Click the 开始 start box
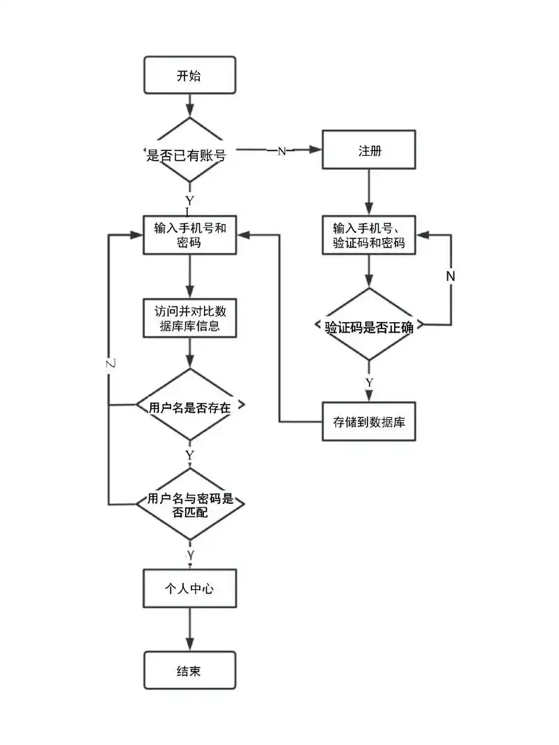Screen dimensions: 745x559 189,75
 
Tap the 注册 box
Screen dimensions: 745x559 369,150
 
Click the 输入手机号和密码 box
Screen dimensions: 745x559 189,235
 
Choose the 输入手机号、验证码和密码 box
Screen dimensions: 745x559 369,236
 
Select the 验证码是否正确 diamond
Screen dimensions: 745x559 369,326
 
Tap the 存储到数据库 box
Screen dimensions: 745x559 369,421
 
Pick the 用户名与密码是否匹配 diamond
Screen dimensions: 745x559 189,504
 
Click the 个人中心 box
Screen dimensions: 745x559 189,588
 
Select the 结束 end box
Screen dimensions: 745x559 189,670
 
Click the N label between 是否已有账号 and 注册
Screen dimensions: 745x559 282,151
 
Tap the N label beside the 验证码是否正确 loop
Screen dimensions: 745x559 451,275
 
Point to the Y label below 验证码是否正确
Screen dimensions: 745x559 369,382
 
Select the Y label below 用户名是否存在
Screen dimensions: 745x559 189,455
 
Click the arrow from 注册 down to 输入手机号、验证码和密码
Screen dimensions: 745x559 369,192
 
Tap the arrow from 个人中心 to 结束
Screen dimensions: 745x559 189,629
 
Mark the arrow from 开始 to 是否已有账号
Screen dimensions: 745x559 189,105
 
